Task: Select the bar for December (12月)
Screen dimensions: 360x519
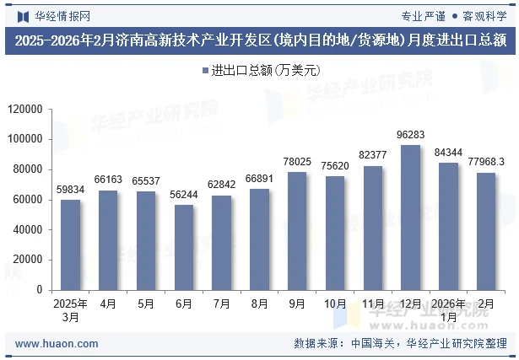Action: click(x=410, y=218)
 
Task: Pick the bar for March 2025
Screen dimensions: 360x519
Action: click(x=70, y=244)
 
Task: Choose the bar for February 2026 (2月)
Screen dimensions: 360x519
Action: click(x=486, y=231)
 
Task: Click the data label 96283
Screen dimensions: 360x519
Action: click(x=410, y=135)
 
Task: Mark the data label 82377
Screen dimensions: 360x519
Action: click(x=372, y=155)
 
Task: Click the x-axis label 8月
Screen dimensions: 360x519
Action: click(x=259, y=303)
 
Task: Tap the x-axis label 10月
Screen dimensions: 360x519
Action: click(x=335, y=303)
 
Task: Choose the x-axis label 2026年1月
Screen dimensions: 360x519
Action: click(x=447, y=309)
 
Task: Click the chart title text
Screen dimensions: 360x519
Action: click(x=259, y=40)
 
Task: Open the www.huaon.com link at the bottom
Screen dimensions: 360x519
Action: click(x=57, y=344)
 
